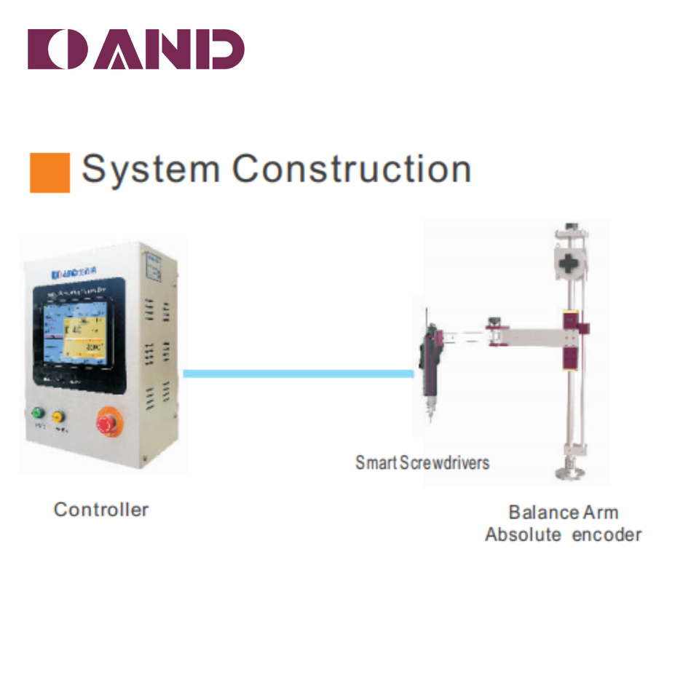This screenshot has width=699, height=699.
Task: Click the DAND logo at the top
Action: click(135, 50)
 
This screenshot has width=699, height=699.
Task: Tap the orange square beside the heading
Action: click(50, 173)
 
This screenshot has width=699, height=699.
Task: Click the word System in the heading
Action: click(150, 169)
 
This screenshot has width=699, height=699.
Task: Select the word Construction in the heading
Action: click(352, 169)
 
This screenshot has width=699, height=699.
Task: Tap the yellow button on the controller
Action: click(58, 416)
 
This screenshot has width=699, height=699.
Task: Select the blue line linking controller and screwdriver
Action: click(299, 374)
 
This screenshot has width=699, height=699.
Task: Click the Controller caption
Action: click(101, 510)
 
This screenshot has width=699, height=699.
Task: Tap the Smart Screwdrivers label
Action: click(422, 462)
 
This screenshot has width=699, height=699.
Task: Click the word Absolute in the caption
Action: click(523, 535)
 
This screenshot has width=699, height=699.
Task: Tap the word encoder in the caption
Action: click(607, 535)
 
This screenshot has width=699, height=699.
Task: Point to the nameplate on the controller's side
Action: click(154, 266)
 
